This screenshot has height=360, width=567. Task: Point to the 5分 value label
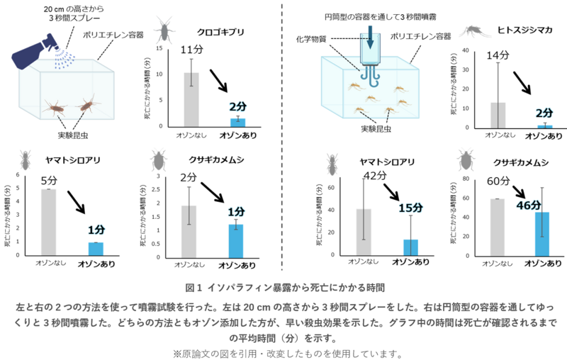pos(49,179)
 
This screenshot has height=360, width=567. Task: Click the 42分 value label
pos(376,175)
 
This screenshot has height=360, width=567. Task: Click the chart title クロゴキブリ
pos(221,32)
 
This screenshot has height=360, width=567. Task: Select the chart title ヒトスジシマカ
pos(525,32)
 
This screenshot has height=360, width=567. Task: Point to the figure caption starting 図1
pos(284,288)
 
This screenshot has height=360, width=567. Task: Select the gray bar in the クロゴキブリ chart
pos(191,99)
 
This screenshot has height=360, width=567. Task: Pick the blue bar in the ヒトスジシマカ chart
pos(544,125)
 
